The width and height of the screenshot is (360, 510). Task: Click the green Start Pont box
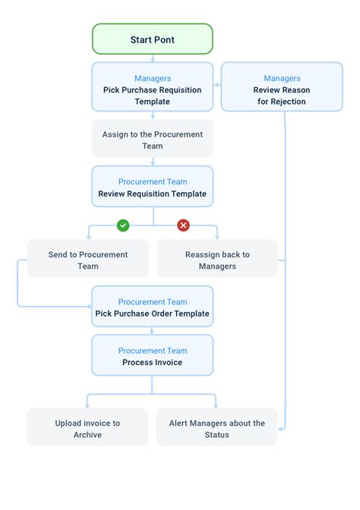[152, 39]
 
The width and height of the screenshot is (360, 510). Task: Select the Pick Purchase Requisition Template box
[152, 90]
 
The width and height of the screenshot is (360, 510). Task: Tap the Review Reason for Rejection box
[281, 90]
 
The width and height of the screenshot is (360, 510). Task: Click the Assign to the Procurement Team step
[152, 140]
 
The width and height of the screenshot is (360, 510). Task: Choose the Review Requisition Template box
[152, 187]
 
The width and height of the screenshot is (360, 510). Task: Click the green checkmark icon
[122, 225]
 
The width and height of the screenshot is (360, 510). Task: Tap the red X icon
[183, 225]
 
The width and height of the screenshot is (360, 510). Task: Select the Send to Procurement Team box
[88, 260]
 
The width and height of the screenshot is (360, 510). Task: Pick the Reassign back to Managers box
[217, 260]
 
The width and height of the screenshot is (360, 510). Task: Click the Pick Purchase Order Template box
[152, 307]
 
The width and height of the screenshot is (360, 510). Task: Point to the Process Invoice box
[152, 356]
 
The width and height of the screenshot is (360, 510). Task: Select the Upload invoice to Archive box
[88, 428]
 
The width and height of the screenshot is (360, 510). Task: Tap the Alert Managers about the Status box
[217, 428]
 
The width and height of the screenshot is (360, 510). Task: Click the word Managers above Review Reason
[281, 78]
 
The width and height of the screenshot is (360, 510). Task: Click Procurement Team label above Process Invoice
[152, 351]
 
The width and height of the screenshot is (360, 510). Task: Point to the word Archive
[88, 435]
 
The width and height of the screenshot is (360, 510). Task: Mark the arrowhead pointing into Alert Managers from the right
[281, 429]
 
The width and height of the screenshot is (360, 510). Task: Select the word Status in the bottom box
[217, 435]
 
